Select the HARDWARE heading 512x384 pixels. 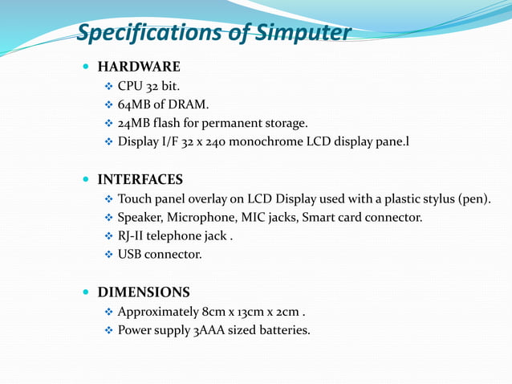pos(139,67)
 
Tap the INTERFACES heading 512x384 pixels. pos(140,179)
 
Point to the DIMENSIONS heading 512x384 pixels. pos(144,292)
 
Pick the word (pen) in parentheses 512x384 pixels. pos(473,198)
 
